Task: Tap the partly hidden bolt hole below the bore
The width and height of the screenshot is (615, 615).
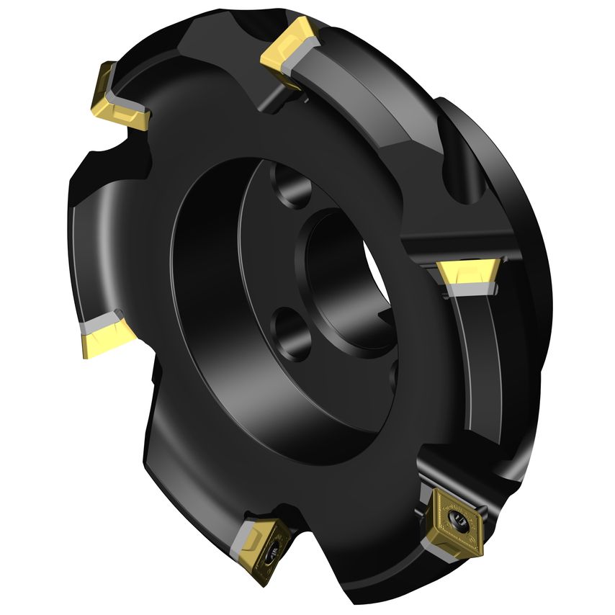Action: (392, 374)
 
